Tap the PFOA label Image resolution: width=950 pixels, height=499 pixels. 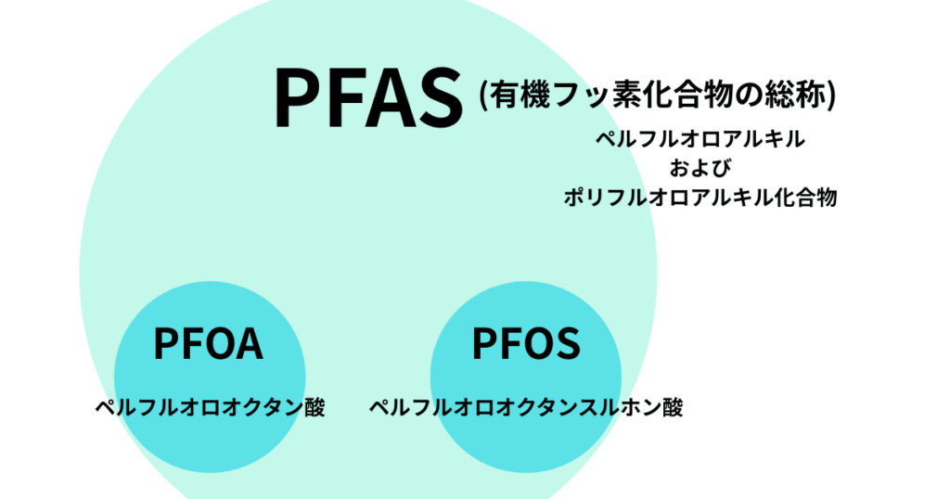[x=209, y=343]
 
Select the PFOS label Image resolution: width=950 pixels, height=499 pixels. [x=526, y=343]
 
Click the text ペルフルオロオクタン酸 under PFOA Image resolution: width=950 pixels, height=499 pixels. [x=211, y=408]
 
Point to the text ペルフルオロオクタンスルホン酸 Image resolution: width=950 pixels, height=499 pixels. [x=526, y=408]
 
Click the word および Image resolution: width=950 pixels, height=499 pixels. [x=700, y=169]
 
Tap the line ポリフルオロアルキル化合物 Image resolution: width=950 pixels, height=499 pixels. [x=700, y=198]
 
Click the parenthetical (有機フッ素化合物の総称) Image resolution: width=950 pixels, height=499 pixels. [x=659, y=95]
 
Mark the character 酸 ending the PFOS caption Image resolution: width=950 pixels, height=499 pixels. [x=672, y=408]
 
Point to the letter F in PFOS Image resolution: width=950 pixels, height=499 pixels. [x=507, y=343]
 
